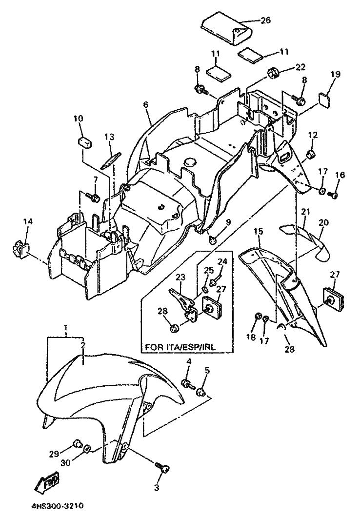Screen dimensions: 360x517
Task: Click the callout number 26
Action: tap(265, 20)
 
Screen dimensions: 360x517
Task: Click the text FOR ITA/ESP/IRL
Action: tap(180, 347)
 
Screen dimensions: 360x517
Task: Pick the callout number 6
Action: tap(146, 105)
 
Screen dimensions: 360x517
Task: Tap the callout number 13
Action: tap(109, 136)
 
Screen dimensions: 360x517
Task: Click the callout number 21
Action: tap(305, 212)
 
